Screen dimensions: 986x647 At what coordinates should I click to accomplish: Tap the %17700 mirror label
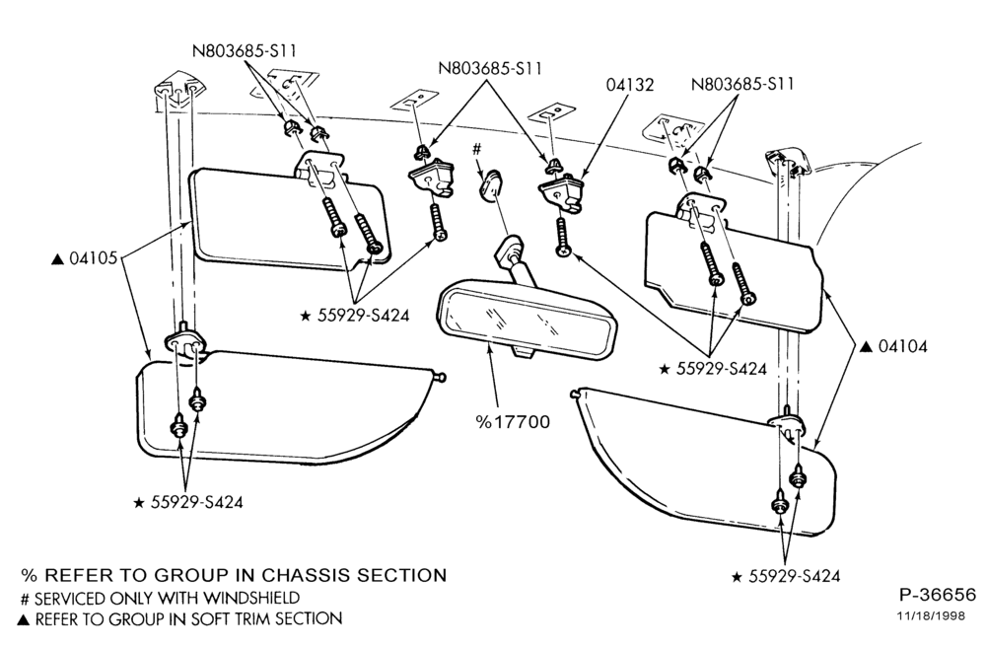(x=513, y=422)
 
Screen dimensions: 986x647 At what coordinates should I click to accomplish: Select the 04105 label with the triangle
(x=84, y=258)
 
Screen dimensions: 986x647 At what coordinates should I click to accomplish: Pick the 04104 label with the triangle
(x=893, y=346)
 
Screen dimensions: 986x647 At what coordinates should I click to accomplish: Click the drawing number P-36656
(x=937, y=595)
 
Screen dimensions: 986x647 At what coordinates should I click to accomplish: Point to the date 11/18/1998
(x=931, y=616)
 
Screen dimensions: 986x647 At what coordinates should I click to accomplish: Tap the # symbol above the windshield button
(x=476, y=150)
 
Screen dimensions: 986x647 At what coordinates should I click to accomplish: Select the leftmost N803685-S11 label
(x=244, y=51)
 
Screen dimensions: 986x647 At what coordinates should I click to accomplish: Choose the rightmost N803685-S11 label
(x=742, y=84)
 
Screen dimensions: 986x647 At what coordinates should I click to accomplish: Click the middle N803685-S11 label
(x=490, y=67)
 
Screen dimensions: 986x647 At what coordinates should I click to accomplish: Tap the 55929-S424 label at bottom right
(x=786, y=577)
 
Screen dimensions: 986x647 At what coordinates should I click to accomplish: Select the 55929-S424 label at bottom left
(x=188, y=502)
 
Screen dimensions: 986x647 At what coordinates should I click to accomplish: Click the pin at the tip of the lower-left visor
(x=441, y=377)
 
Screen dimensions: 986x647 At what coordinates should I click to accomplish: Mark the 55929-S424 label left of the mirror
(x=355, y=316)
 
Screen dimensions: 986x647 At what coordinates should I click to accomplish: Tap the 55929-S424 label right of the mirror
(x=713, y=369)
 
